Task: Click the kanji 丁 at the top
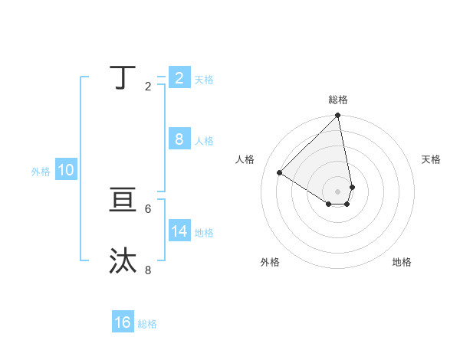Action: (123, 77)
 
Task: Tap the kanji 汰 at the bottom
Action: (123, 261)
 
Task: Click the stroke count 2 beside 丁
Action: (148, 87)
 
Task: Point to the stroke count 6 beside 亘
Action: (148, 208)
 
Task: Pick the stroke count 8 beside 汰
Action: (148, 270)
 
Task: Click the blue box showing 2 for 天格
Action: (179, 77)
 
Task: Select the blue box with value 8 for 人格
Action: (179, 139)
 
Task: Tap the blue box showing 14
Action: (179, 231)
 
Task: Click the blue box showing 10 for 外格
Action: (66, 170)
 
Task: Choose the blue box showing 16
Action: (123, 322)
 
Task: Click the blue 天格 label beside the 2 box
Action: (204, 80)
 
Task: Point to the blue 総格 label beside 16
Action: (147, 324)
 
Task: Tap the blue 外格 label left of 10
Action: (41, 172)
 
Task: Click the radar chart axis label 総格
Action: (338, 100)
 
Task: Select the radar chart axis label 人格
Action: (245, 159)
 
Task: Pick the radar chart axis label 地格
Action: (402, 262)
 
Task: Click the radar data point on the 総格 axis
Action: (338, 116)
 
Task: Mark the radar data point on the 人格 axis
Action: (280, 172)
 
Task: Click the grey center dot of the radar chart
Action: (338, 191)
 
